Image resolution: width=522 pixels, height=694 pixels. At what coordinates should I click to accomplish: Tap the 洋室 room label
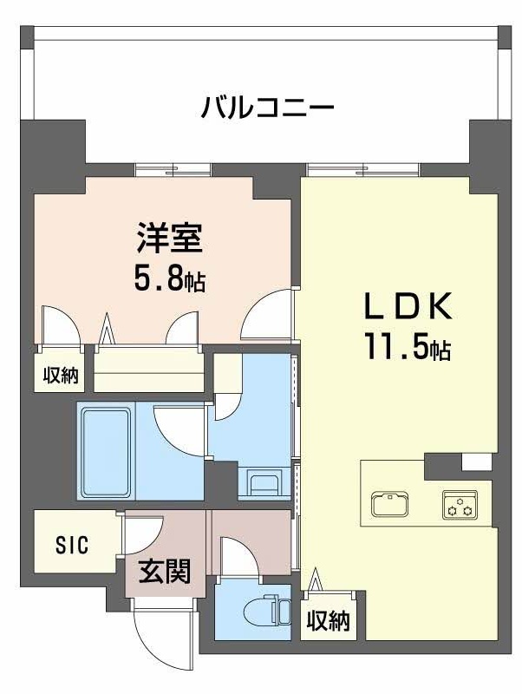(x=169, y=237)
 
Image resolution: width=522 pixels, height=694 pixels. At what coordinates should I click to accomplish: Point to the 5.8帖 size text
(x=170, y=279)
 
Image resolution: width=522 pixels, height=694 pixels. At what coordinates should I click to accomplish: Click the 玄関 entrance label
(x=165, y=573)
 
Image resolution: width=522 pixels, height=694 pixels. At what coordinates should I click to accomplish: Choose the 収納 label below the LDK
(x=327, y=621)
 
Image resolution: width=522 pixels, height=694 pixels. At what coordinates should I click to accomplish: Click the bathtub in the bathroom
(x=106, y=450)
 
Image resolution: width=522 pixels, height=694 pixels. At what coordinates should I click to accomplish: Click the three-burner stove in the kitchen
(x=460, y=506)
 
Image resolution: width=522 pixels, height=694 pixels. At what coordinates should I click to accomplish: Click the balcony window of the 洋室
(x=173, y=169)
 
